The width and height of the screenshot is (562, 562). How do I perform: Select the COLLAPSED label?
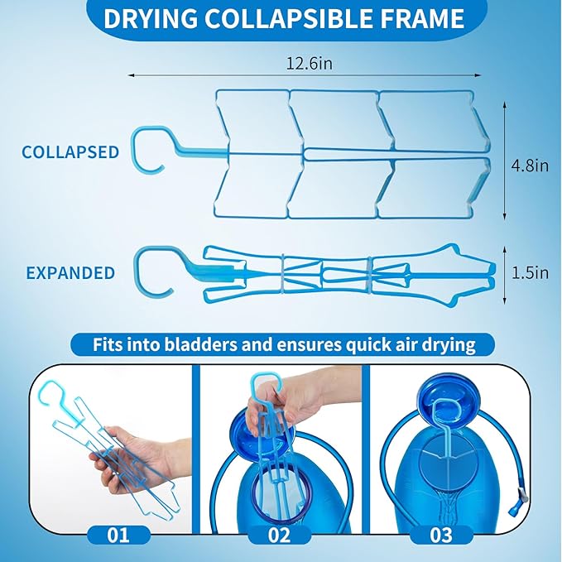70,152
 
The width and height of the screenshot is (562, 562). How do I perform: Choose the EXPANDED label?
70,272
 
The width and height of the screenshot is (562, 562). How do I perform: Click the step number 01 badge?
118,534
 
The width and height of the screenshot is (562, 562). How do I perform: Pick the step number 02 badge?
279,534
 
